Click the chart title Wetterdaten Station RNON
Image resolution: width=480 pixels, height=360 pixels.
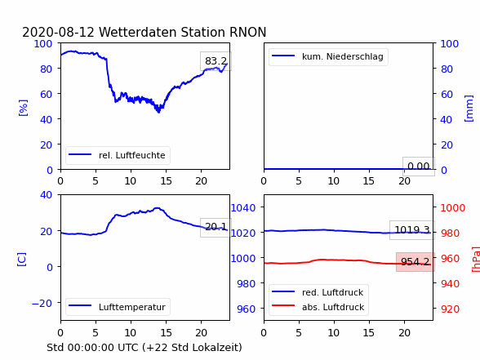point(183,32)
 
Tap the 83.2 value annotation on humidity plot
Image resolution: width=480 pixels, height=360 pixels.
point(216,61)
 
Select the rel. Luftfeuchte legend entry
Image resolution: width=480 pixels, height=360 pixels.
point(118,155)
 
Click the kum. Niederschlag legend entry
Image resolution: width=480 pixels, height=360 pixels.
point(328,56)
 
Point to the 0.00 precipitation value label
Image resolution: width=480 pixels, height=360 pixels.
point(419,167)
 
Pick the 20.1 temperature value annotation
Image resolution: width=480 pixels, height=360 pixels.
point(216,227)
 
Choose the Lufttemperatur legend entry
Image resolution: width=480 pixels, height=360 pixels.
point(118,307)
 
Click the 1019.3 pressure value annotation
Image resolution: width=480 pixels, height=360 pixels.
point(412,230)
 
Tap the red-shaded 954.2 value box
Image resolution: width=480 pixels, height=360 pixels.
point(416,262)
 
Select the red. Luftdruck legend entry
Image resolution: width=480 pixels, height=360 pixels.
point(318,292)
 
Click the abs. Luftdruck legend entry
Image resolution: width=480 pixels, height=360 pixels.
point(318,307)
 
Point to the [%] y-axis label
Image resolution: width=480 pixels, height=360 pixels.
point(23,108)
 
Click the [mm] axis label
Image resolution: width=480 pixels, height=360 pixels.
point(469,109)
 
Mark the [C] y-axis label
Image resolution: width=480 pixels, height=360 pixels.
point(22,260)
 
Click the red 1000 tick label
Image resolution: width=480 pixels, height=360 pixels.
point(453,208)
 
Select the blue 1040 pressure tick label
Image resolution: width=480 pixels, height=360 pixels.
point(243,208)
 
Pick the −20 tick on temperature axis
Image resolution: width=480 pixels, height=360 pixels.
point(42,303)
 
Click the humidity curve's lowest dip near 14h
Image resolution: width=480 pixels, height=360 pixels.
point(158,112)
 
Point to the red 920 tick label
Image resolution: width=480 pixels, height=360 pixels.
point(450,309)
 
